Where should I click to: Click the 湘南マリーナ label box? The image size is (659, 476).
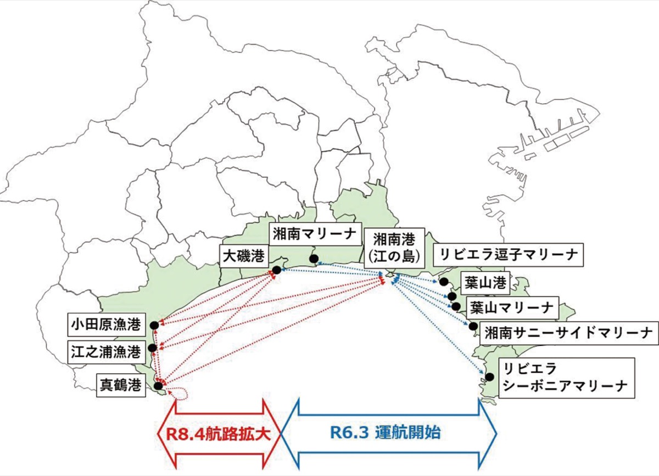click(315, 234)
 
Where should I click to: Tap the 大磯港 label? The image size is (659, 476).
click(244, 256)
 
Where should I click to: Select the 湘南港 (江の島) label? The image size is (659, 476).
click(394, 248)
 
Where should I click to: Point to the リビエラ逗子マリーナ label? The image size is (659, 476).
click(508, 255)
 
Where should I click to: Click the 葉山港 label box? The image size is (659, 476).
click(485, 283)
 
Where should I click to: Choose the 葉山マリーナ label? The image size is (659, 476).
click(512, 307)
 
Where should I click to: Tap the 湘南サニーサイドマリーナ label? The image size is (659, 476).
click(569, 333)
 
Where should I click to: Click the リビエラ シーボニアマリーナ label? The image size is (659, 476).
click(567, 378)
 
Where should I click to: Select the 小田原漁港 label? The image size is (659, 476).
click(107, 324)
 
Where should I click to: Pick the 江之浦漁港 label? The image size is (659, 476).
click(107, 352)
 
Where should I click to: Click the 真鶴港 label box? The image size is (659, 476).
click(121, 385)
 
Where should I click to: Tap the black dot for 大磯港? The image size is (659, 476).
click(277, 270)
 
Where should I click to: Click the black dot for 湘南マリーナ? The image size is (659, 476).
click(314, 259)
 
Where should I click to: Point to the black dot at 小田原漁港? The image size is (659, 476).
click(154, 326)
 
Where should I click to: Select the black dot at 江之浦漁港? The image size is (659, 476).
click(153, 348)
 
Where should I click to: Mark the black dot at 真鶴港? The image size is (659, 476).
click(158, 386)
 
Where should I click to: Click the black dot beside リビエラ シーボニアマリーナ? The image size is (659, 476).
click(489, 377)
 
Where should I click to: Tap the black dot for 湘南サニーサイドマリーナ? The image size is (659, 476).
click(473, 326)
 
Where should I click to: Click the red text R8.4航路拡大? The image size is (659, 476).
click(219, 434)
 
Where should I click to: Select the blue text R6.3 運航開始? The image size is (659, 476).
click(386, 433)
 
